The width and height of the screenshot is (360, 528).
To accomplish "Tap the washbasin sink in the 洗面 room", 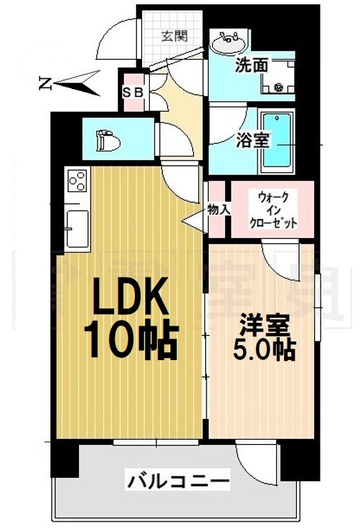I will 227,43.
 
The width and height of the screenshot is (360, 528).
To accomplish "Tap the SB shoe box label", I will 134,91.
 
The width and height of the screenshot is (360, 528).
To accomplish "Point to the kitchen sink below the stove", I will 75,222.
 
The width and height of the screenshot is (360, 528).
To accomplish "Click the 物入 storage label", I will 218,209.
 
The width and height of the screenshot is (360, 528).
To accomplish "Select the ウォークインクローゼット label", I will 273,209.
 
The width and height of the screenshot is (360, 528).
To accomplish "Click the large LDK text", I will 128,296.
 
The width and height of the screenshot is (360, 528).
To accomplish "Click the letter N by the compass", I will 44,84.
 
